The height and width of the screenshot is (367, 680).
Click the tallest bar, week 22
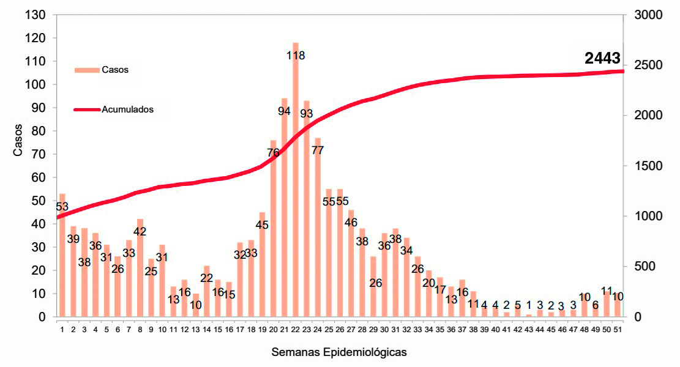point(296,179)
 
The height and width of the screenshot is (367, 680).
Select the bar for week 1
point(62,255)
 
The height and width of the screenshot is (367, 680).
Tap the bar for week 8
point(140,268)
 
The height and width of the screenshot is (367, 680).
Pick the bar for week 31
point(395,273)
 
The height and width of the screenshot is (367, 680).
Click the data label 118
point(296,56)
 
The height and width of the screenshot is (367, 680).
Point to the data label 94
point(284,111)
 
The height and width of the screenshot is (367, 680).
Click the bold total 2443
point(602,58)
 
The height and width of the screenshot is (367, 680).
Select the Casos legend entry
point(102,70)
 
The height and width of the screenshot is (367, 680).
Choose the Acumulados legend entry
point(114,109)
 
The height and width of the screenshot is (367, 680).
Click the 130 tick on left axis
point(35,15)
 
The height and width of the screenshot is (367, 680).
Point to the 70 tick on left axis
point(39,154)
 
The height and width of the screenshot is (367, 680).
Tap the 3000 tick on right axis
point(648,15)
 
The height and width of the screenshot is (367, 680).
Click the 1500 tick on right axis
point(648,166)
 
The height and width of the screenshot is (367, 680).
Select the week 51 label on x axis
point(618,330)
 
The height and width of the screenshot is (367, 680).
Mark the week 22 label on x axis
point(296,330)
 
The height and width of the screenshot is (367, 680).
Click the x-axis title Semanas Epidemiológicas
point(339,352)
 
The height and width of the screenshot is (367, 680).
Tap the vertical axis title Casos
point(18,140)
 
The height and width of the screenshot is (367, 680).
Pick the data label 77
point(318,150)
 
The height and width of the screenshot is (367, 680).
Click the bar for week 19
point(262,264)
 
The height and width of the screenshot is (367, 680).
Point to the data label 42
point(140,232)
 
